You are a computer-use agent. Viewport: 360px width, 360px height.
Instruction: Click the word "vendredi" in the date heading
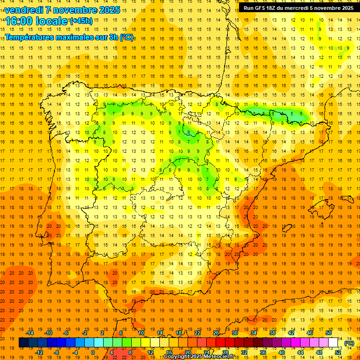point(24,10)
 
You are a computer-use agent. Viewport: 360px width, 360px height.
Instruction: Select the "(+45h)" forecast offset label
point(81,21)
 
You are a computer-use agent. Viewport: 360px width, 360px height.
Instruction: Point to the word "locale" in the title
point(52,21)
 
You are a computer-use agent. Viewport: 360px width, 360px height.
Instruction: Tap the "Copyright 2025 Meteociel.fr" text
point(199,356)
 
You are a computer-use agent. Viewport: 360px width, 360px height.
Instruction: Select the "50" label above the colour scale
point(329,333)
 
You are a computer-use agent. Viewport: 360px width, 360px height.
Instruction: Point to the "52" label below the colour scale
point(338,352)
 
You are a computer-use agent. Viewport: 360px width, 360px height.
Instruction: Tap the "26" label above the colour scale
point(216,333)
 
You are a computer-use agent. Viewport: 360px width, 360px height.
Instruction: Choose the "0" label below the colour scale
point(93,352)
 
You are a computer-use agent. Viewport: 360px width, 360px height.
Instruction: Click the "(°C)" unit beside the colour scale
point(349,343)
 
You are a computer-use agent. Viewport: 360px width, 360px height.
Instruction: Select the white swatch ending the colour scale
point(333,343)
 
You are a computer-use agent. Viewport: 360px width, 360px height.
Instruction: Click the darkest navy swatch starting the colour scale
point(23,343)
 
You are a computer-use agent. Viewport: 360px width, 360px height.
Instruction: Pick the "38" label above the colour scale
point(272,333)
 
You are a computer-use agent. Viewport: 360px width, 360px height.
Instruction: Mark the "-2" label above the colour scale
point(85,333)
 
